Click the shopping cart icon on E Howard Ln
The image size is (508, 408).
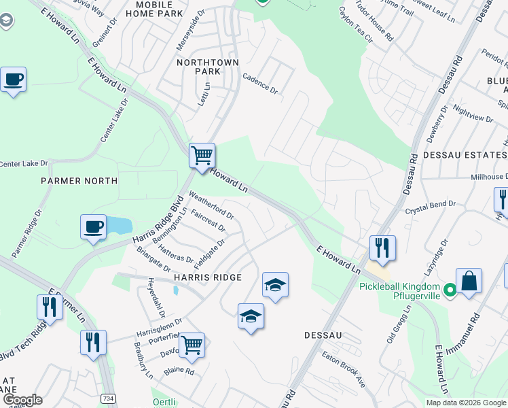(202, 156)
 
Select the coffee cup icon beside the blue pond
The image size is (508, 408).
(93, 227)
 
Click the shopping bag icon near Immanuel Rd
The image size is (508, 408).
(469, 281)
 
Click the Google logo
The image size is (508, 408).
(22, 400)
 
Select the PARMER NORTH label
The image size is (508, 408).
(79, 181)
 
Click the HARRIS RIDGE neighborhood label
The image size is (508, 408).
(208, 277)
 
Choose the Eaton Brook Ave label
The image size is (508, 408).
(344, 370)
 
